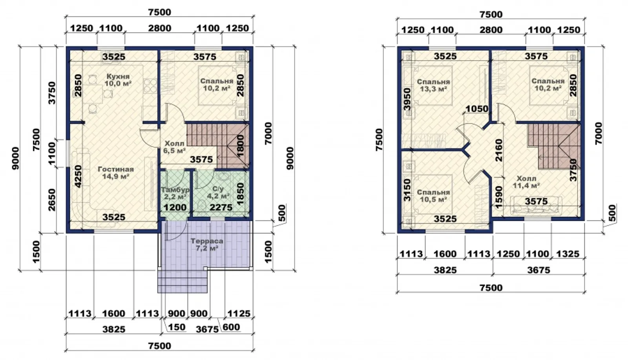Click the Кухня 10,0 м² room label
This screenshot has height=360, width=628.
tap(118, 80)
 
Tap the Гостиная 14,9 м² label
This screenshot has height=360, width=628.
tap(116, 173)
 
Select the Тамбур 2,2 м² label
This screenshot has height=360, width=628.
tap(175, 193)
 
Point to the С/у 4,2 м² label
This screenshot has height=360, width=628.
tap(218, 192)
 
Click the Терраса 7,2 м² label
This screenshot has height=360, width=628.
tap(207, 245)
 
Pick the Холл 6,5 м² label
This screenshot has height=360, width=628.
tap(174, 147)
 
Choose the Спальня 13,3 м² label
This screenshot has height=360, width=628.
tap(433, 86)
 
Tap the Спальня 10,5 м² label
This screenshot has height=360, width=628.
tap(433, 196)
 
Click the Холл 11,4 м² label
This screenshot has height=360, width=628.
tap(526, 182)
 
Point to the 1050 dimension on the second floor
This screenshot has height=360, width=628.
tap(477, 109)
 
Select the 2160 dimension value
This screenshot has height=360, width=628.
tap(499, 150)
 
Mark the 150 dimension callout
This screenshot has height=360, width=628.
tap(176, 327)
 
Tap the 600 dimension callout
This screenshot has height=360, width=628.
tap(231, 327)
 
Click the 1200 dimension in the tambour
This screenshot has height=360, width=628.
tap(175, 207)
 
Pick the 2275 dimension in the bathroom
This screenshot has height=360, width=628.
tap(221, 207)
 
